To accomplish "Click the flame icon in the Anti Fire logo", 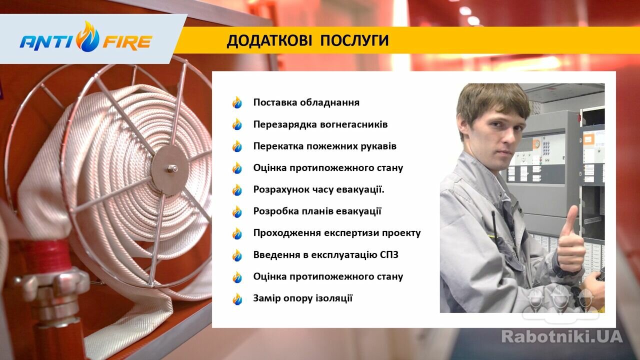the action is click(x=87, y=36).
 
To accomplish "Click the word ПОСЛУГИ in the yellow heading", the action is click(x=354, y=40).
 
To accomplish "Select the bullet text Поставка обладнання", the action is click(x=306, y=102).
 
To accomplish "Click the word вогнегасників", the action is click(x=350, y=124).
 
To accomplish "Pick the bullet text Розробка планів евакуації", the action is click(x=317, y=211).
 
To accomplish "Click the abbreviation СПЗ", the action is click(x=389, y=254).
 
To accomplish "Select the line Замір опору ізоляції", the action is click(x=303, y=298).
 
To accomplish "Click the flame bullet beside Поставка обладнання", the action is click(x=237, y=102).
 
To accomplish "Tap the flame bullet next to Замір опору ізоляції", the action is click(x=237, y=299).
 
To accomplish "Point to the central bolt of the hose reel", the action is click(x=171, y=168).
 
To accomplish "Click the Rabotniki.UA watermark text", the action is click(x=561, y=336).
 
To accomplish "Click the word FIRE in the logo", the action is click(x=127, y=42).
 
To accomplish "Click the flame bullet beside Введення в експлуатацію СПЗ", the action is click(x=237, y=255).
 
